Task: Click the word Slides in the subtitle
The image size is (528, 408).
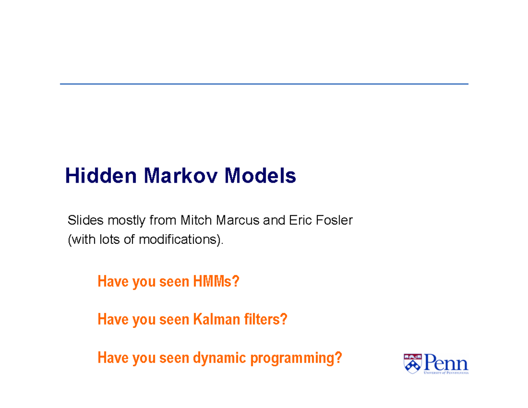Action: click(x=81, y=220)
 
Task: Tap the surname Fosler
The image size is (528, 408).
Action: click(x=334, y=220)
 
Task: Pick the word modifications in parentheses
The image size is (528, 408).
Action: click(x=179, y=240)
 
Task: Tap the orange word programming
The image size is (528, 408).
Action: click(x=296, y=358)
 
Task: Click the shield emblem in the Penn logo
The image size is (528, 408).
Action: click(x=413, y=364)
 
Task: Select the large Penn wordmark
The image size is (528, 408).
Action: click(x=446, y=363)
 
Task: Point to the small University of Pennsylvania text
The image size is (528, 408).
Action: click(x=446, y=372)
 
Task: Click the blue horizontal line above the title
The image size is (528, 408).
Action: click(x=264, y=84)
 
